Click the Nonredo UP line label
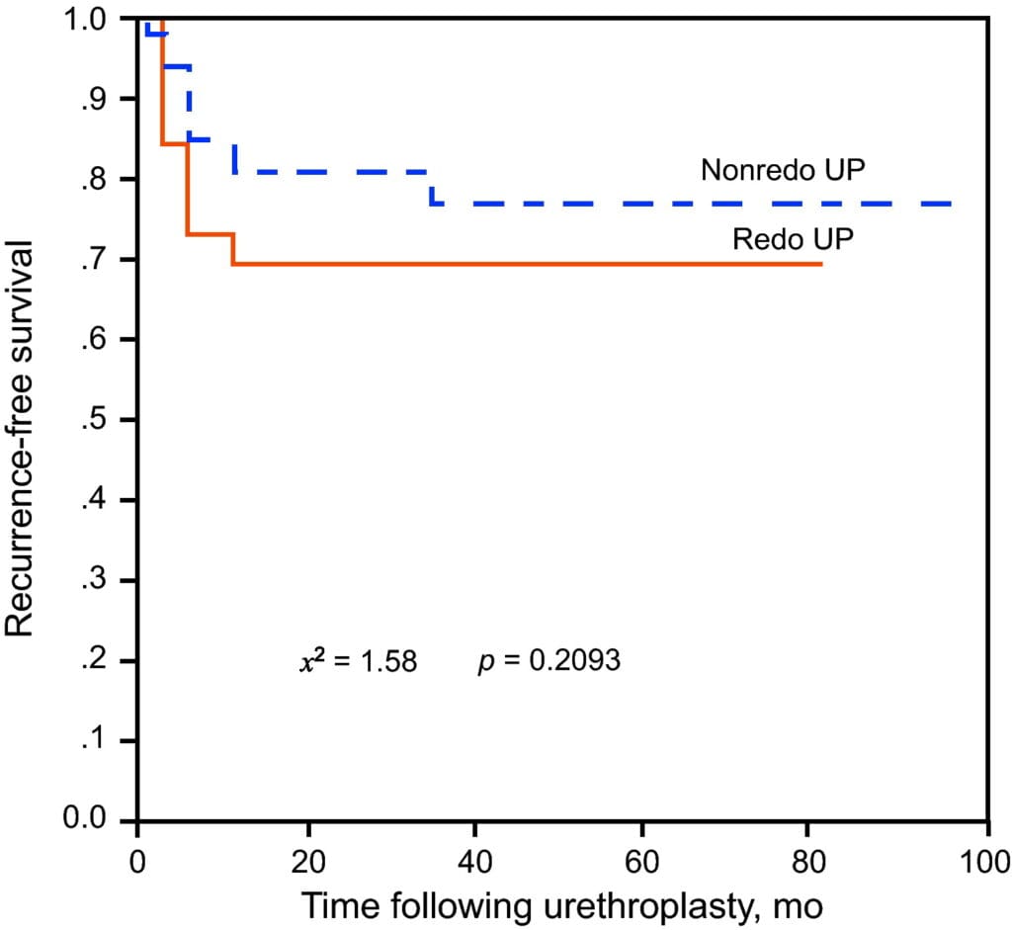point(783,170)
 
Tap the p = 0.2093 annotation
point(548,660)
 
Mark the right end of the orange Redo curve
point(820,264)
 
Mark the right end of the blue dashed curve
point(951,204)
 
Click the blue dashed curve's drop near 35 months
point(432,188)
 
